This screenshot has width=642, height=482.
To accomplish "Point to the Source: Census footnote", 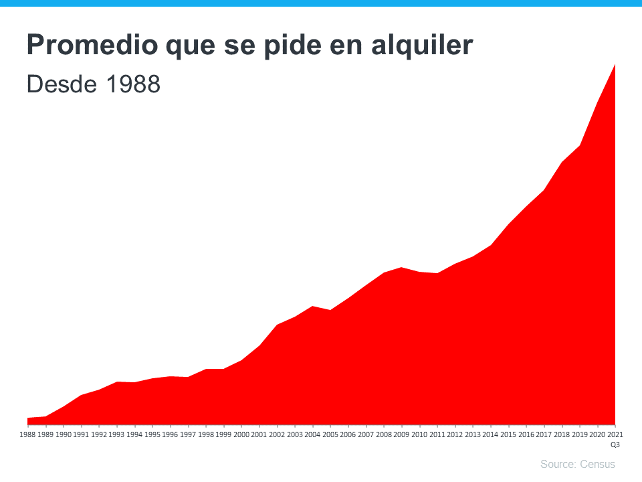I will (577, 465).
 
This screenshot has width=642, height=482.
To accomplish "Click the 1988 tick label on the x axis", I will (28, 434).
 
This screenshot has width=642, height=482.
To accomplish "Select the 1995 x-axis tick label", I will (152, 434).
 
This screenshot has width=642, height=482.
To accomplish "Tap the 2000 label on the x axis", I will (241, 434).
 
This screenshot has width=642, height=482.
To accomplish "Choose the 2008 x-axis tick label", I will (384, 434).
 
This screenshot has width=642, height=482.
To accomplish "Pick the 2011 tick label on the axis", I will (437, 434).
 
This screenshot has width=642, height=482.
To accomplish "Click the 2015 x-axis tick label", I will (508, 434).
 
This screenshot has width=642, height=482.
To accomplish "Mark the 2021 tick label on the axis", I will (615, 434).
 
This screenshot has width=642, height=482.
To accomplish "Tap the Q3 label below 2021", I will (615, 444).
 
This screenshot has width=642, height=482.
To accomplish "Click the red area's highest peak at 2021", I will (614, 65).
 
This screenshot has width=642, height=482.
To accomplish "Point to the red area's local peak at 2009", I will (401, 268).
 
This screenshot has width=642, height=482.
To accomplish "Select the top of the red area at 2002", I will (277, 325).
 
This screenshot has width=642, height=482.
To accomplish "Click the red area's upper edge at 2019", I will (579, 146).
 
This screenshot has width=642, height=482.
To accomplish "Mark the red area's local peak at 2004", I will (312, 307).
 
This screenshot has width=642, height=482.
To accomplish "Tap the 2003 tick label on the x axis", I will (295, 434).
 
